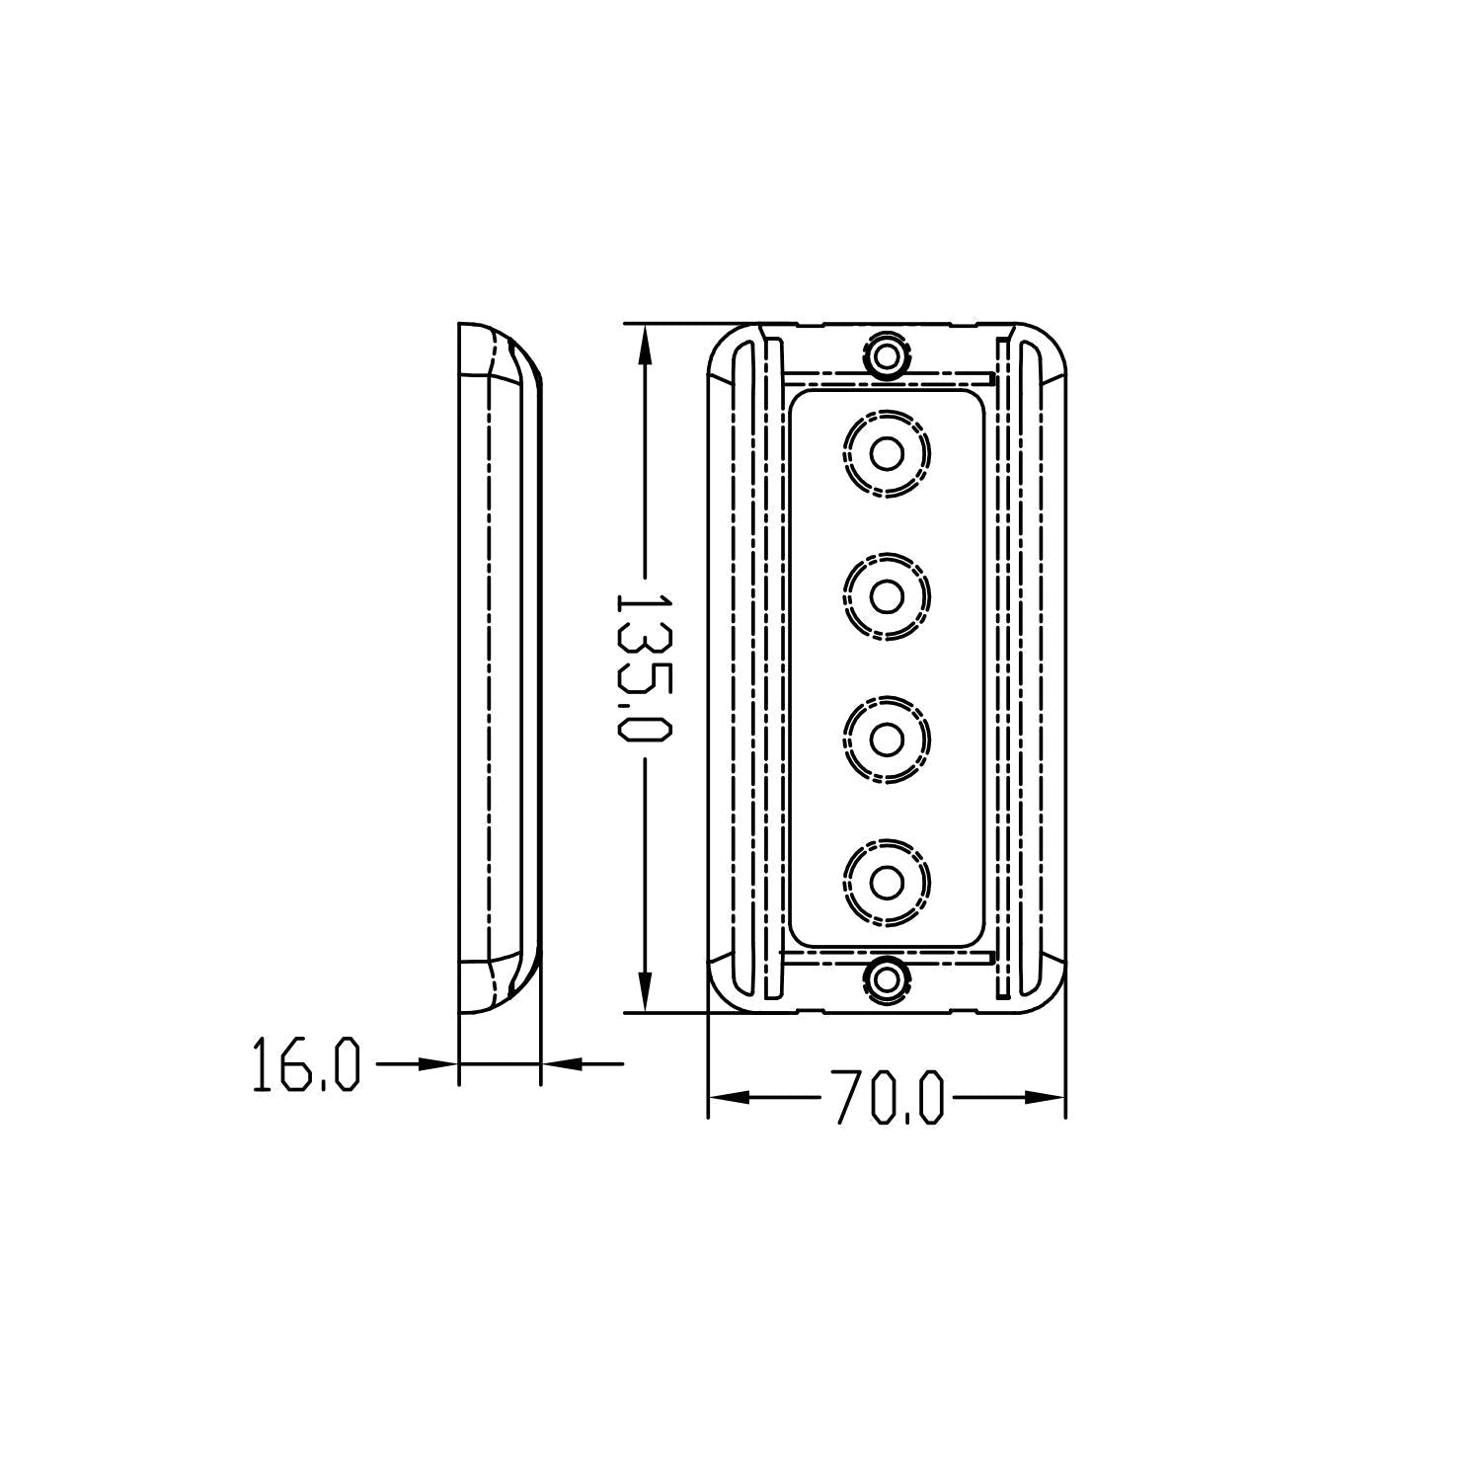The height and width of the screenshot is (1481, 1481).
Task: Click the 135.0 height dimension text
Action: coord(644,667)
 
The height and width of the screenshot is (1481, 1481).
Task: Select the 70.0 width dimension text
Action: coord(888,1096)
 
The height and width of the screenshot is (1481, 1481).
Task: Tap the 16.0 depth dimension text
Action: coord(306,1063)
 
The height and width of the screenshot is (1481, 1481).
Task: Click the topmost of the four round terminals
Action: coord(887,454)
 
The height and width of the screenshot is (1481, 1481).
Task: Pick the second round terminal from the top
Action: coord(887,596)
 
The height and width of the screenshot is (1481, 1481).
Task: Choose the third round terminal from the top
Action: coord(887,739)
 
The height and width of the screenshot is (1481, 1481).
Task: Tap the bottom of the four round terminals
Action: coord(887,881)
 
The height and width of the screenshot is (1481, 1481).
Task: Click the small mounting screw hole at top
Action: coord(887,354)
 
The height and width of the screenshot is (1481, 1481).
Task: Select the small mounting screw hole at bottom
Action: coord(887,978)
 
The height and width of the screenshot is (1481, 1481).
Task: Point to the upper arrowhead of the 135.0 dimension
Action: coord(644,346)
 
